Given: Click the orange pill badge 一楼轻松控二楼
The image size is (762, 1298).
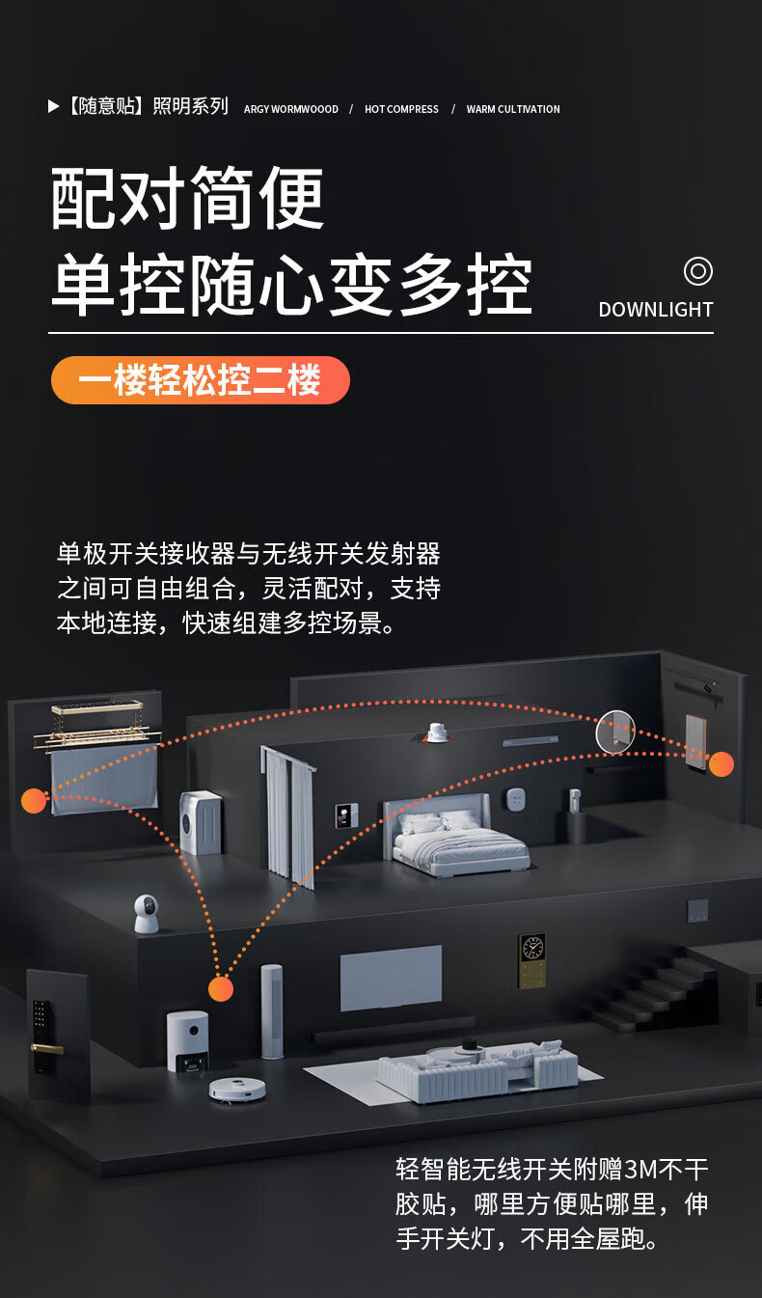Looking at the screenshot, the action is coord(201,380).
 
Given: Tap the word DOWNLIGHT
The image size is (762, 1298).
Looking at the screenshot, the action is coord(656,310).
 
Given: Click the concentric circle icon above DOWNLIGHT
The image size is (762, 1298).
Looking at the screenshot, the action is coord(698,271).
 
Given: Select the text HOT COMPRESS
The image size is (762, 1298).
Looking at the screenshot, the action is coord(401,109).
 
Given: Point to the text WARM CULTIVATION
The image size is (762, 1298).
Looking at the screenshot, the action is coord(513,109).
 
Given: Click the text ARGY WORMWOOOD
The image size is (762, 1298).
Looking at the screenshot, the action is coord(290,109).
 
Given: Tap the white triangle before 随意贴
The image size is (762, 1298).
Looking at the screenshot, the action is coord(53,106).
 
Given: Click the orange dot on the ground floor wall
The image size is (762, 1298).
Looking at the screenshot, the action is coord(221,988).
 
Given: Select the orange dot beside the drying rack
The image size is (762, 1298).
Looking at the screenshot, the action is coord(34,801).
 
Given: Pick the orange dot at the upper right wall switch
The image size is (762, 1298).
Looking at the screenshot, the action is coord(721,763).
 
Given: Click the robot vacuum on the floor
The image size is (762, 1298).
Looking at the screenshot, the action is coord(237,1090).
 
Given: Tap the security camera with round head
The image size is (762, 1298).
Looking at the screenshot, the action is coord(146,914).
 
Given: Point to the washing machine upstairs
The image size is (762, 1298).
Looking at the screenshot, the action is coord(201,823).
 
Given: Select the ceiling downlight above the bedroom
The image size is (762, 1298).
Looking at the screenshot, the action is coord(436,732).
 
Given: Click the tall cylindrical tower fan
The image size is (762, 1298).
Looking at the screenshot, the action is coord(272,1010).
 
